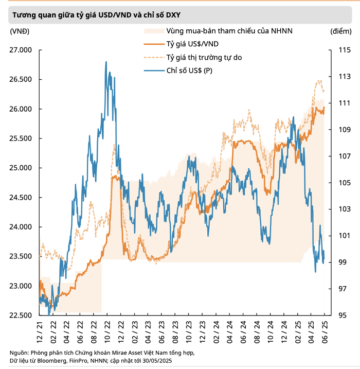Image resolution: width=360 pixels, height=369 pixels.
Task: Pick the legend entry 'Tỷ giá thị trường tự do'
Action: [x=204, y=57]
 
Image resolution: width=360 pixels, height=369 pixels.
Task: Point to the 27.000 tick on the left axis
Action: [x=20, y=50]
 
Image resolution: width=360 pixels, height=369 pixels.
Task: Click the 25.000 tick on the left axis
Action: [x=20, y=168]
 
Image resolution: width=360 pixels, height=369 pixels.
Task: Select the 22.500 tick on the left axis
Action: [x=20, y=315]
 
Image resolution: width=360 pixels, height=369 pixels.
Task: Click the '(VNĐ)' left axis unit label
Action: [x=20, y=31]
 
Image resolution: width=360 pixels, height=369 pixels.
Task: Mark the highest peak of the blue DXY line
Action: [x=106, y=62]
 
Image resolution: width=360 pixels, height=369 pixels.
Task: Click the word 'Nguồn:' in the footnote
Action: [x=19, y=353]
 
